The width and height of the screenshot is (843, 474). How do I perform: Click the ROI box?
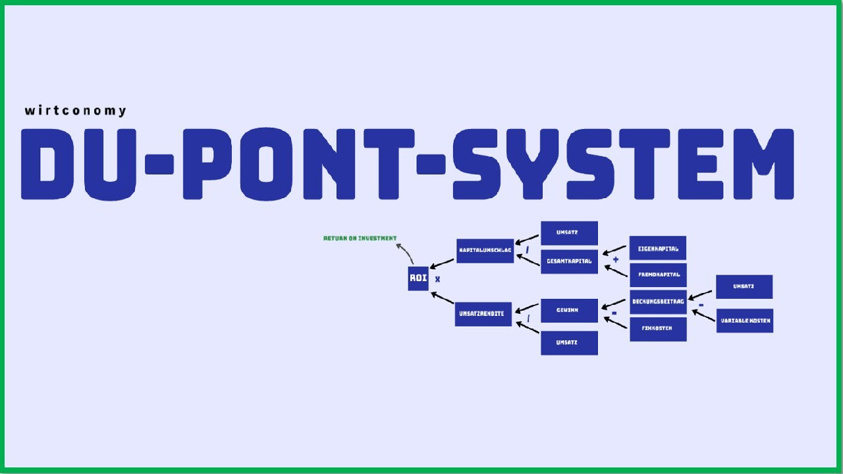click(x=418, y=278)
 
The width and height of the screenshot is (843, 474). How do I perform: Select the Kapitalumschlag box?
click(x=485, y=251)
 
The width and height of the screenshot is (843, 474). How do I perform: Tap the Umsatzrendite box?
click(x=483, y=314)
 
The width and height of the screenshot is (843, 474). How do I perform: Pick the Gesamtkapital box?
click(x=569, y=261)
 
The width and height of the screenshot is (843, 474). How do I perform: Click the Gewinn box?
click(x=569, y=310)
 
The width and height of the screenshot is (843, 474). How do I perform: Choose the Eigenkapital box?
click(x=657, y=248)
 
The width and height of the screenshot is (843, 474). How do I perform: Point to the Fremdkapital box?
click(x=658, y=275)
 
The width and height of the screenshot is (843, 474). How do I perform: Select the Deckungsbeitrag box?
click(x=658, y=302)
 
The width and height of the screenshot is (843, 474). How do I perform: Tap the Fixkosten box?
click(x=658, y=329)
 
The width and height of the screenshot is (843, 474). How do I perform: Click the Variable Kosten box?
click(x=744, y=321)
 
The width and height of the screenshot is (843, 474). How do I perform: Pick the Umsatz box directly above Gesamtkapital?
click(x=569, y=233)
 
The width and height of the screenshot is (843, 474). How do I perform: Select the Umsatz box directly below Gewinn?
click(x=569, y=343)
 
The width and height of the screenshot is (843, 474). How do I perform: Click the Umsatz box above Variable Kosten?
click(x=744, y=287)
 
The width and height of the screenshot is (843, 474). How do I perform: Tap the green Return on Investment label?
click(x=360, y=238)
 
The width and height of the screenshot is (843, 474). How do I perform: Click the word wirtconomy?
click(x=75, y=111)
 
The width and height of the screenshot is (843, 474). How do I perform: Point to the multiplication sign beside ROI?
click(x=437, y=279)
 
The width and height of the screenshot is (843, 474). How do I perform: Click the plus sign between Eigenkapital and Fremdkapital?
click(x=616, y=260)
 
